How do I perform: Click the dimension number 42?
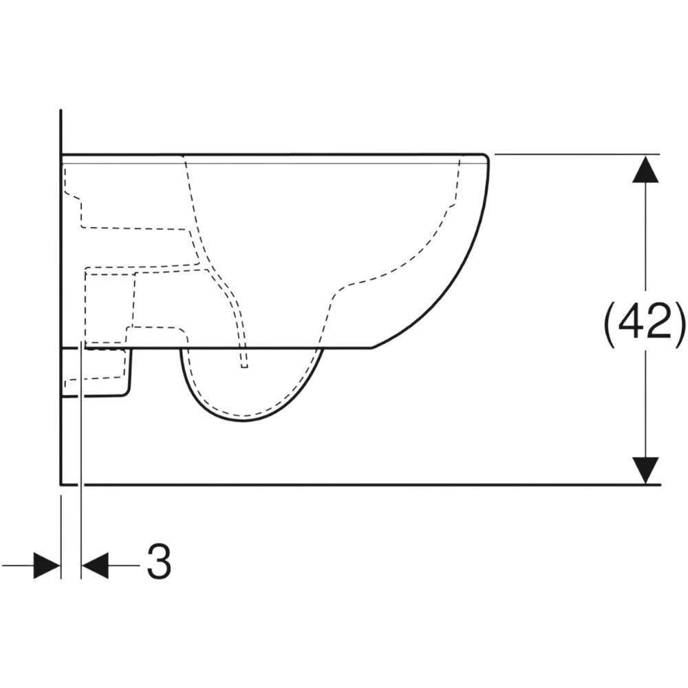[645, 321]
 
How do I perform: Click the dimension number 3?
[159, 561]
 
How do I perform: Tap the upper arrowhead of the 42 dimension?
[645, 169]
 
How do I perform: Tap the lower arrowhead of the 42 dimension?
[645, 471]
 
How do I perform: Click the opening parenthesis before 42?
[610, 321]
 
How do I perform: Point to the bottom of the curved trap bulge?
[244, 421]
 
